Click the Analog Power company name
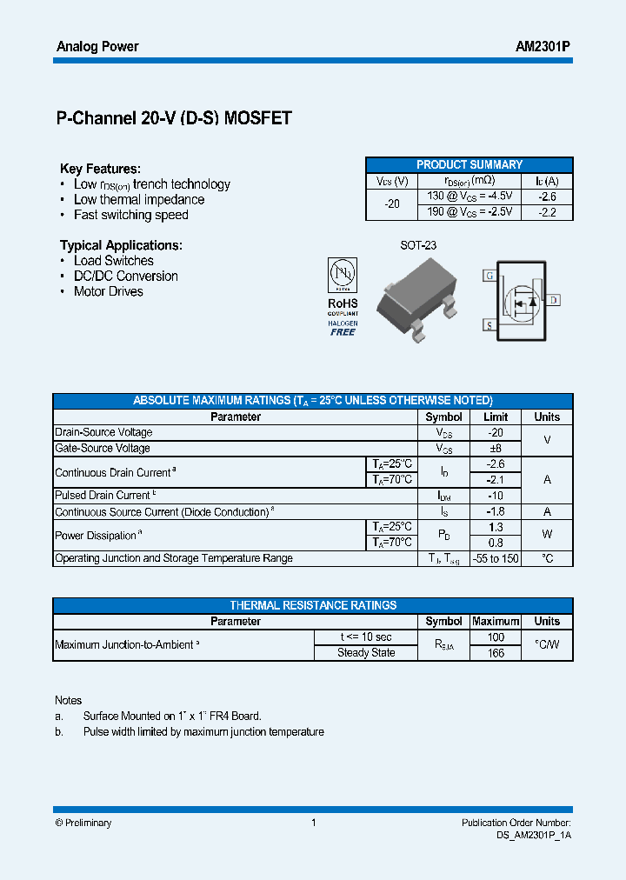[x=97, y=47]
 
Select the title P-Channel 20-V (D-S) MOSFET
[x=173, y=119]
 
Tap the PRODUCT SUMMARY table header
[x=469, y=164]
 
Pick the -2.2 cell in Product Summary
[x=547, y=212]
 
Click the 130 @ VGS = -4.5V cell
[x=469, y=197]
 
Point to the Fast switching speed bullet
[x=130, y=215]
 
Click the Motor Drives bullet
[x=108, y=291]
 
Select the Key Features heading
[x=100, y=169]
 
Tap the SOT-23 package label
[x=418, y=245]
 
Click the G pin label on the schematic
[x=489, y=276]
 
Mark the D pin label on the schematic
[x=554, y=300]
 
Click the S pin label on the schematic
[x=489, y=325]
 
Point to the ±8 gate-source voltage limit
[x=495, y=449]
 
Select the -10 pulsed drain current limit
[x=495, y=496]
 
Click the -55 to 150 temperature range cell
[x=495, y=558]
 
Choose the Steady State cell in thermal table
[x=366, y=653]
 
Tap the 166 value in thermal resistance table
[x=495, y=653]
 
